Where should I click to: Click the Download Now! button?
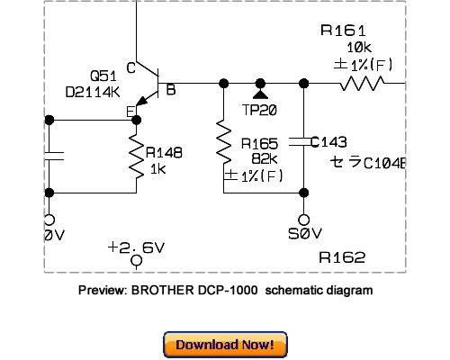click(225, 345)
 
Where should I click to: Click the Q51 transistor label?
click(102, 75)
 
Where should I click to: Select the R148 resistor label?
click(164, 153)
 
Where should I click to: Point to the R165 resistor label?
click(259, 143)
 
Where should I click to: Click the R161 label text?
click(343, 31)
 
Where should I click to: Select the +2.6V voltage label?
click(136, 246)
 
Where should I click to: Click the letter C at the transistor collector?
click(131, 67)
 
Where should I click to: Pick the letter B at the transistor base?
click(170, 88)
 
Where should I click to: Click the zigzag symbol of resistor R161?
click(364, 83)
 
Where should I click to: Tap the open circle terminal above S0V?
click(308, 219)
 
